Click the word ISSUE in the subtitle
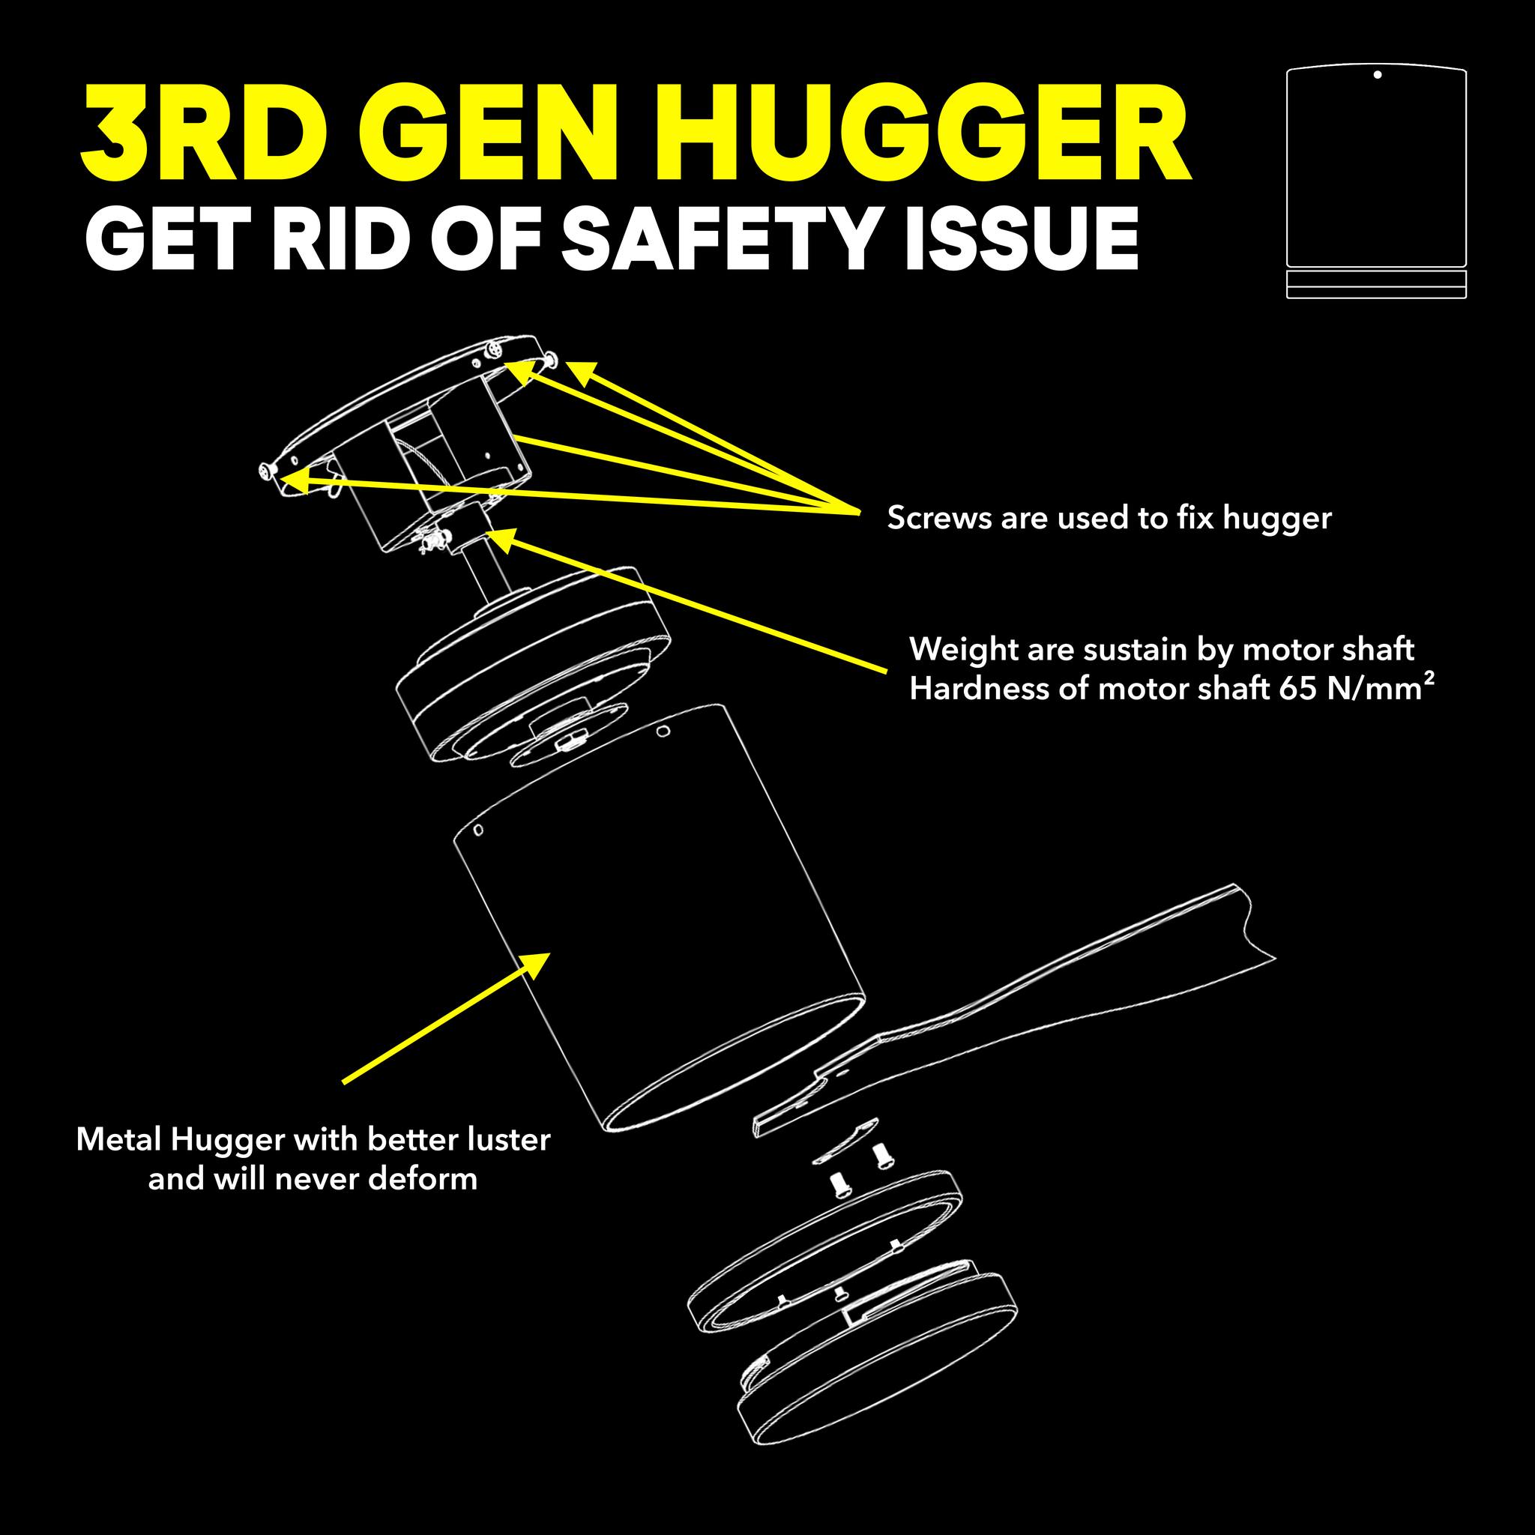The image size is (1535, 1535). click(1021, 238)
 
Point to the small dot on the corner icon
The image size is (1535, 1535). click(1377, 75)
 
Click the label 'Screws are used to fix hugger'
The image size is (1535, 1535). click(1109, 518)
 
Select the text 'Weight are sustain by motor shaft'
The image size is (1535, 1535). click(1162, 650)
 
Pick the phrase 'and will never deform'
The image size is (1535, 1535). click(313, 1178)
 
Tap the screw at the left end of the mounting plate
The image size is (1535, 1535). click(268, 473)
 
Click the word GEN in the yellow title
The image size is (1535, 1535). click(492, 136)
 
